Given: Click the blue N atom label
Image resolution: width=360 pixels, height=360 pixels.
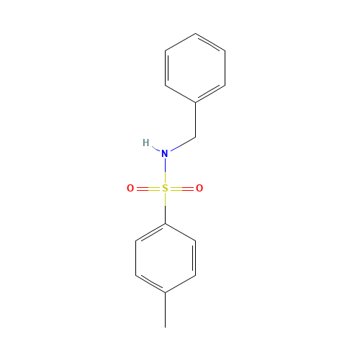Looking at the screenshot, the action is pyautogui.click(x=165, y=153).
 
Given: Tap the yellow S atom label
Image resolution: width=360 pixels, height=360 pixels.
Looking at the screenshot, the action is pyautogui.click(x=165, y=189).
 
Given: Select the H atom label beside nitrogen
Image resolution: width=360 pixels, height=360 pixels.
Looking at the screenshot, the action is pyautogui.click(x=146, y=143).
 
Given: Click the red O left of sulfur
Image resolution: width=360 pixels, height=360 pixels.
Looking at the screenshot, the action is pyautogui.click(x=130, y=189).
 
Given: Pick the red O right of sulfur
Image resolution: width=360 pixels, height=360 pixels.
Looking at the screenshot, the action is pyautogui.click(x=199, y=189).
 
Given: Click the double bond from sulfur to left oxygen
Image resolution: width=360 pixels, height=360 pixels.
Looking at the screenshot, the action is pyautogui.click(x=147, y=189).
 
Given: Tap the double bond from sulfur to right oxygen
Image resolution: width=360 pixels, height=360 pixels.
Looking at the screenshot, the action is pyautogui.click(x=182, y=189).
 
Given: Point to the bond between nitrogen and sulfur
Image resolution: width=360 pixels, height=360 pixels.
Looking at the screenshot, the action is pyautogui.click(x=165, y=171).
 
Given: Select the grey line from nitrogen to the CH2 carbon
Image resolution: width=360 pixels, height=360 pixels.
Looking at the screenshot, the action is pyautogui.click(x=182, y=144).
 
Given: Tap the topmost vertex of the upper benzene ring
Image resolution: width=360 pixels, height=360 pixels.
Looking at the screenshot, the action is pyautogui.click(x=195, y=33).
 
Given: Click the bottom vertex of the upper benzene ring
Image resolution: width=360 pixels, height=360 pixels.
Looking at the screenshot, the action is pyautogui.click(x=195, y=102).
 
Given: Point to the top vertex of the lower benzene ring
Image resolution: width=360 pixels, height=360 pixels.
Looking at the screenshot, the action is pyautogui.click(x=165, y=223).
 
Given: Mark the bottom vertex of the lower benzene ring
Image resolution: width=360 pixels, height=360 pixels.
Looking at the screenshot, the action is pyautogui.click(x=165, y=292).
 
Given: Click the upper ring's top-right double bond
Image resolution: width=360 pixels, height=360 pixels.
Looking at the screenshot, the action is pyautogui.click(x=210, y=42).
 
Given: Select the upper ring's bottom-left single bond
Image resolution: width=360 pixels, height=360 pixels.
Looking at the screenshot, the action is pyautogui.click(x=180, y=94).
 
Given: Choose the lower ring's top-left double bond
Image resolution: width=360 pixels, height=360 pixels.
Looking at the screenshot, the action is pyautogui.click(x=150, y=232).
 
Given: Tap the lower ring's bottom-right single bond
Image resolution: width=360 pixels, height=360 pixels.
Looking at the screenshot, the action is pyautogui.click(x=180, y=284).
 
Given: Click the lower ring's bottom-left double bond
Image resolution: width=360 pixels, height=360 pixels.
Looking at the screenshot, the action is pyautogui.click(x=150, y=284).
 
